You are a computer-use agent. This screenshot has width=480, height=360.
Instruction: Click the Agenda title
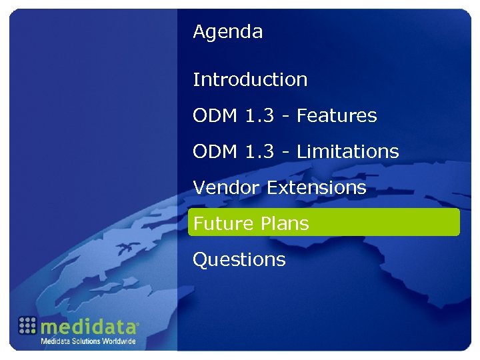pos(227,32)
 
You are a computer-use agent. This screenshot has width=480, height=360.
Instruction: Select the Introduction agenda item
pos(250,80)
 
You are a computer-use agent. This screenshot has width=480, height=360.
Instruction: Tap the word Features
pos(337,116)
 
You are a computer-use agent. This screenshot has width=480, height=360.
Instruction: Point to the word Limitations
pos(347,152)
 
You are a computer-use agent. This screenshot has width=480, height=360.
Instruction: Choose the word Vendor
pos(227,188)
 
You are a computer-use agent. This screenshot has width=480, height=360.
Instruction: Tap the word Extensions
pos(317,188)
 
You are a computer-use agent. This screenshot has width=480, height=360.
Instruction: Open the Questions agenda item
pos(239,260)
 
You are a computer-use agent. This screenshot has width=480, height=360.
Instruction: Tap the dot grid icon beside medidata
pos(27,325)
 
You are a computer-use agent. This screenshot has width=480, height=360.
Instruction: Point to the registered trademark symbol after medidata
pos(138,324)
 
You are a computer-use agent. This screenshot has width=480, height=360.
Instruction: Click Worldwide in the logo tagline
pos(119,341)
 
